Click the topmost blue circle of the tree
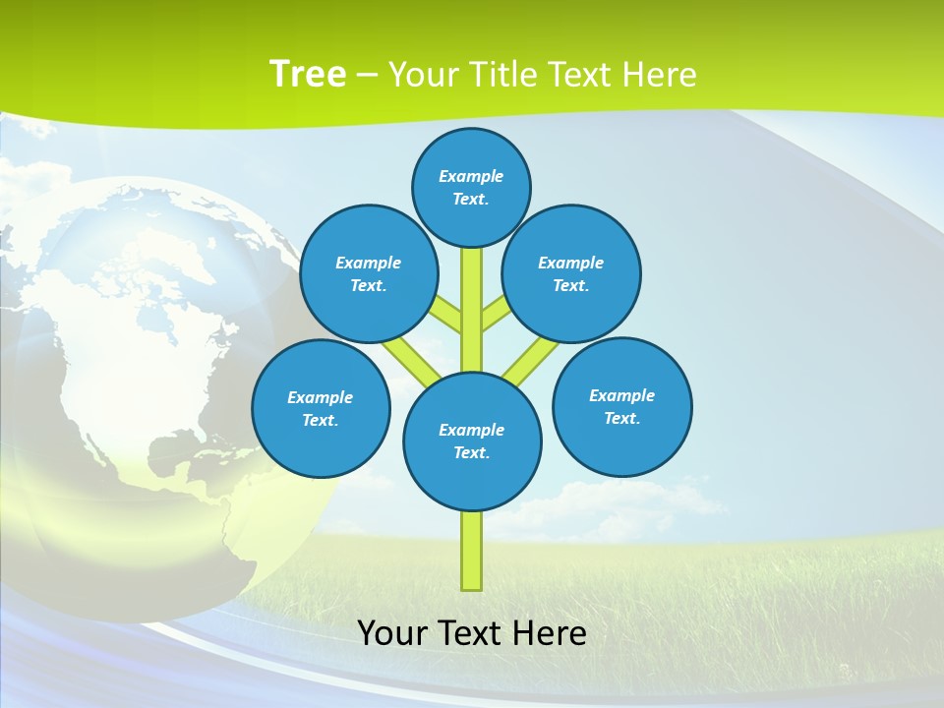coord(471,187)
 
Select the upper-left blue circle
coord(369,273)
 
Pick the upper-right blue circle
coord(571,273)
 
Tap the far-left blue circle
coord(321,408)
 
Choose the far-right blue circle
coord(622,406)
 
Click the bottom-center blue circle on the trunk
coord(472,442)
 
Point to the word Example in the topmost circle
coord(471,176)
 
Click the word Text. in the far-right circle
coord(622,418)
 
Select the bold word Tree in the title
coord(308,74)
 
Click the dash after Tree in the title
coord(368,75)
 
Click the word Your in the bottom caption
coord(390,632)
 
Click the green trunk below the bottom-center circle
coord(472,551)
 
